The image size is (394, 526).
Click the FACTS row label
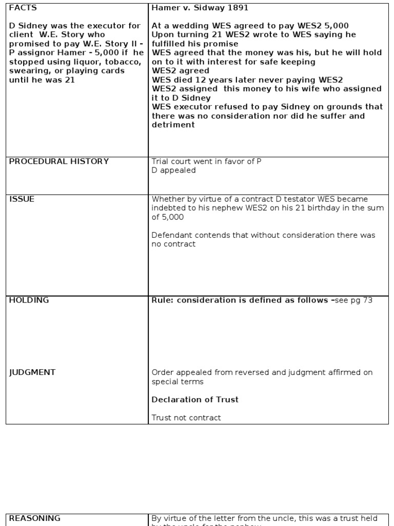pos(23,8)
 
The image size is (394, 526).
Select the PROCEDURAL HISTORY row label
pos(59,161)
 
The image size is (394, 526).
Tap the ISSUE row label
pos(22,199)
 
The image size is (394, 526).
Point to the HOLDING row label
pos(29,300)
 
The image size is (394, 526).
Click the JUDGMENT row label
pos(32,372)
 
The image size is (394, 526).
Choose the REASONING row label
pos(34,518)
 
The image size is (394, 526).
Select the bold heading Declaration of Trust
pos(195,400)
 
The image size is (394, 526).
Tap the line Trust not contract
pos(186,418)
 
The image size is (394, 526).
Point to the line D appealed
pos(173,170)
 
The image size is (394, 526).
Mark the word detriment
pos(173,125)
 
